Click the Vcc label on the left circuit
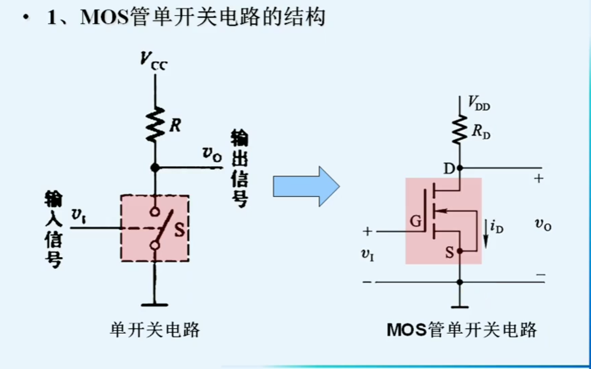tap(154, 62)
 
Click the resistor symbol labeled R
tap(155, 124)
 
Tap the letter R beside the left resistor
tap(175, 125)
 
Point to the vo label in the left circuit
tap(212, 154)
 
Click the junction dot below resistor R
tap(155, 168)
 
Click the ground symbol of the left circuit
tap(154, 304)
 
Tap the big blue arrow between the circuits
tap(306, 186)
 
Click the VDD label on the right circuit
tap(478, 103)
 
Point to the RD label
tap(481, 131)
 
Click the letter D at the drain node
tap(449, 169)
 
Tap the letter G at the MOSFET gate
tap(416, 221)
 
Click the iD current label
tap(497, 227)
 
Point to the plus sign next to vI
tap(367, 231)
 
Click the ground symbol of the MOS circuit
tap(460, 306)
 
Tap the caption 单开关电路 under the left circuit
tap(155, 330)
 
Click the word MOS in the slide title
tap(105, 17)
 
